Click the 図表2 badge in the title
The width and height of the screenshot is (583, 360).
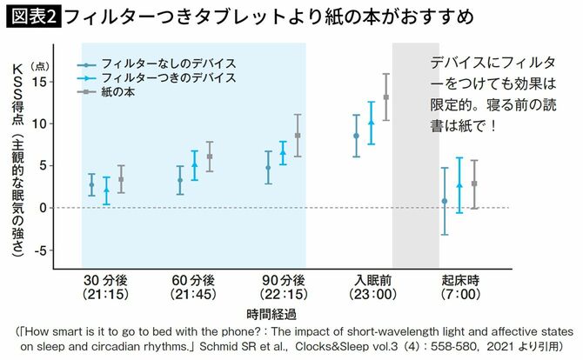[x=31, y=17]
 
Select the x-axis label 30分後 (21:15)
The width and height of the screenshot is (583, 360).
[x=106, y=288]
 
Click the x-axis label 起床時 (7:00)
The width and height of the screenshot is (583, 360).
[x=459, y=288]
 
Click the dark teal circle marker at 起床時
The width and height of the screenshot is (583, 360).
[x=445, y=201]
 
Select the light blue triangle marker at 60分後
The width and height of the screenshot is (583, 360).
[x=195, y=164]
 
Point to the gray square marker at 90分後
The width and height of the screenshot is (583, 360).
[x=298, y=136]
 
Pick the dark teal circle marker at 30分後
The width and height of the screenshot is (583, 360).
[x=91, y=184]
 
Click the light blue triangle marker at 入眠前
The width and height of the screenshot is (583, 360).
[x=372, y=123]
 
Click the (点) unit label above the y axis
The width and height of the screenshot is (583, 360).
[x=40, y=64]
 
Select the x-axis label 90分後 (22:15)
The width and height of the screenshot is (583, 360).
[x=283, y=288]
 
